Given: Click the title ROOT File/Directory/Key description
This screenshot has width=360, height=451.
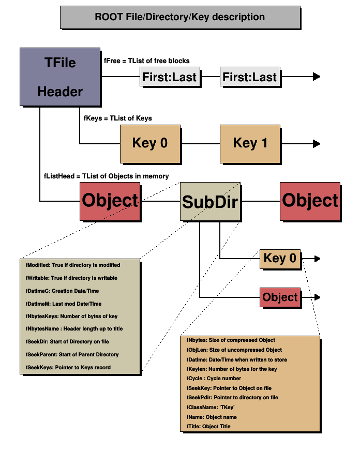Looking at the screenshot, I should (x=179, y=17).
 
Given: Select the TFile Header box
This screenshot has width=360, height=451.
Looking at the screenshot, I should (x=59, y=77).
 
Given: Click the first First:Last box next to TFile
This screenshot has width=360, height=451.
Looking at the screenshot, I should (x=170, y=77).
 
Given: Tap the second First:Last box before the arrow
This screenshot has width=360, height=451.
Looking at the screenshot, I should (x=250, y=77).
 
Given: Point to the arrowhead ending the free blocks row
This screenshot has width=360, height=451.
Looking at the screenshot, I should (x=317, y=77).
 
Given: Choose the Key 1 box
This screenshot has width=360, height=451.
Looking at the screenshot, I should (x=250, y=143).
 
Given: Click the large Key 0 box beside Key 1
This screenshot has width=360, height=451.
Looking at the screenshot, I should (x=150, y=143).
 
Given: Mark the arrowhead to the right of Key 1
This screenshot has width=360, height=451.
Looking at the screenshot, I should (x=317, y=144).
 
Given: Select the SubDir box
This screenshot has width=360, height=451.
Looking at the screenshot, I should (x=210, y=201).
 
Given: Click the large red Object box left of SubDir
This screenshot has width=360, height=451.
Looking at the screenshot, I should (x=110, y=201).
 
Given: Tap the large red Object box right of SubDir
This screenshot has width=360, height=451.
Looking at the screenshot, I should (x=310, y=201).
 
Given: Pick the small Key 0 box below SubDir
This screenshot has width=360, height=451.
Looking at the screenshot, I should (x=280, y=258).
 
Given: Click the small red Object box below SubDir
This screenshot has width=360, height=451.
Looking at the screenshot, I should (x=280, y=297).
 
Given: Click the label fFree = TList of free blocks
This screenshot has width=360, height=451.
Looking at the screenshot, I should (x=147, y=61).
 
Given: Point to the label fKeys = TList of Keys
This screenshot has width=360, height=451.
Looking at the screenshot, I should (x=118, y=118).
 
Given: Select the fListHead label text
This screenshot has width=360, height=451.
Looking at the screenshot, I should (x=106, y=176).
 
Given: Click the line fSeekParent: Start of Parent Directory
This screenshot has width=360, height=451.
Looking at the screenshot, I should (x=72, y=354).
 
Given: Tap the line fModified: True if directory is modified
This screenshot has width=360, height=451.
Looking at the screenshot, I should (x=73, y=265).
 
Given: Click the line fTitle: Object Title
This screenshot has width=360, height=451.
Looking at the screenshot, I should (x=208, y=426).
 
